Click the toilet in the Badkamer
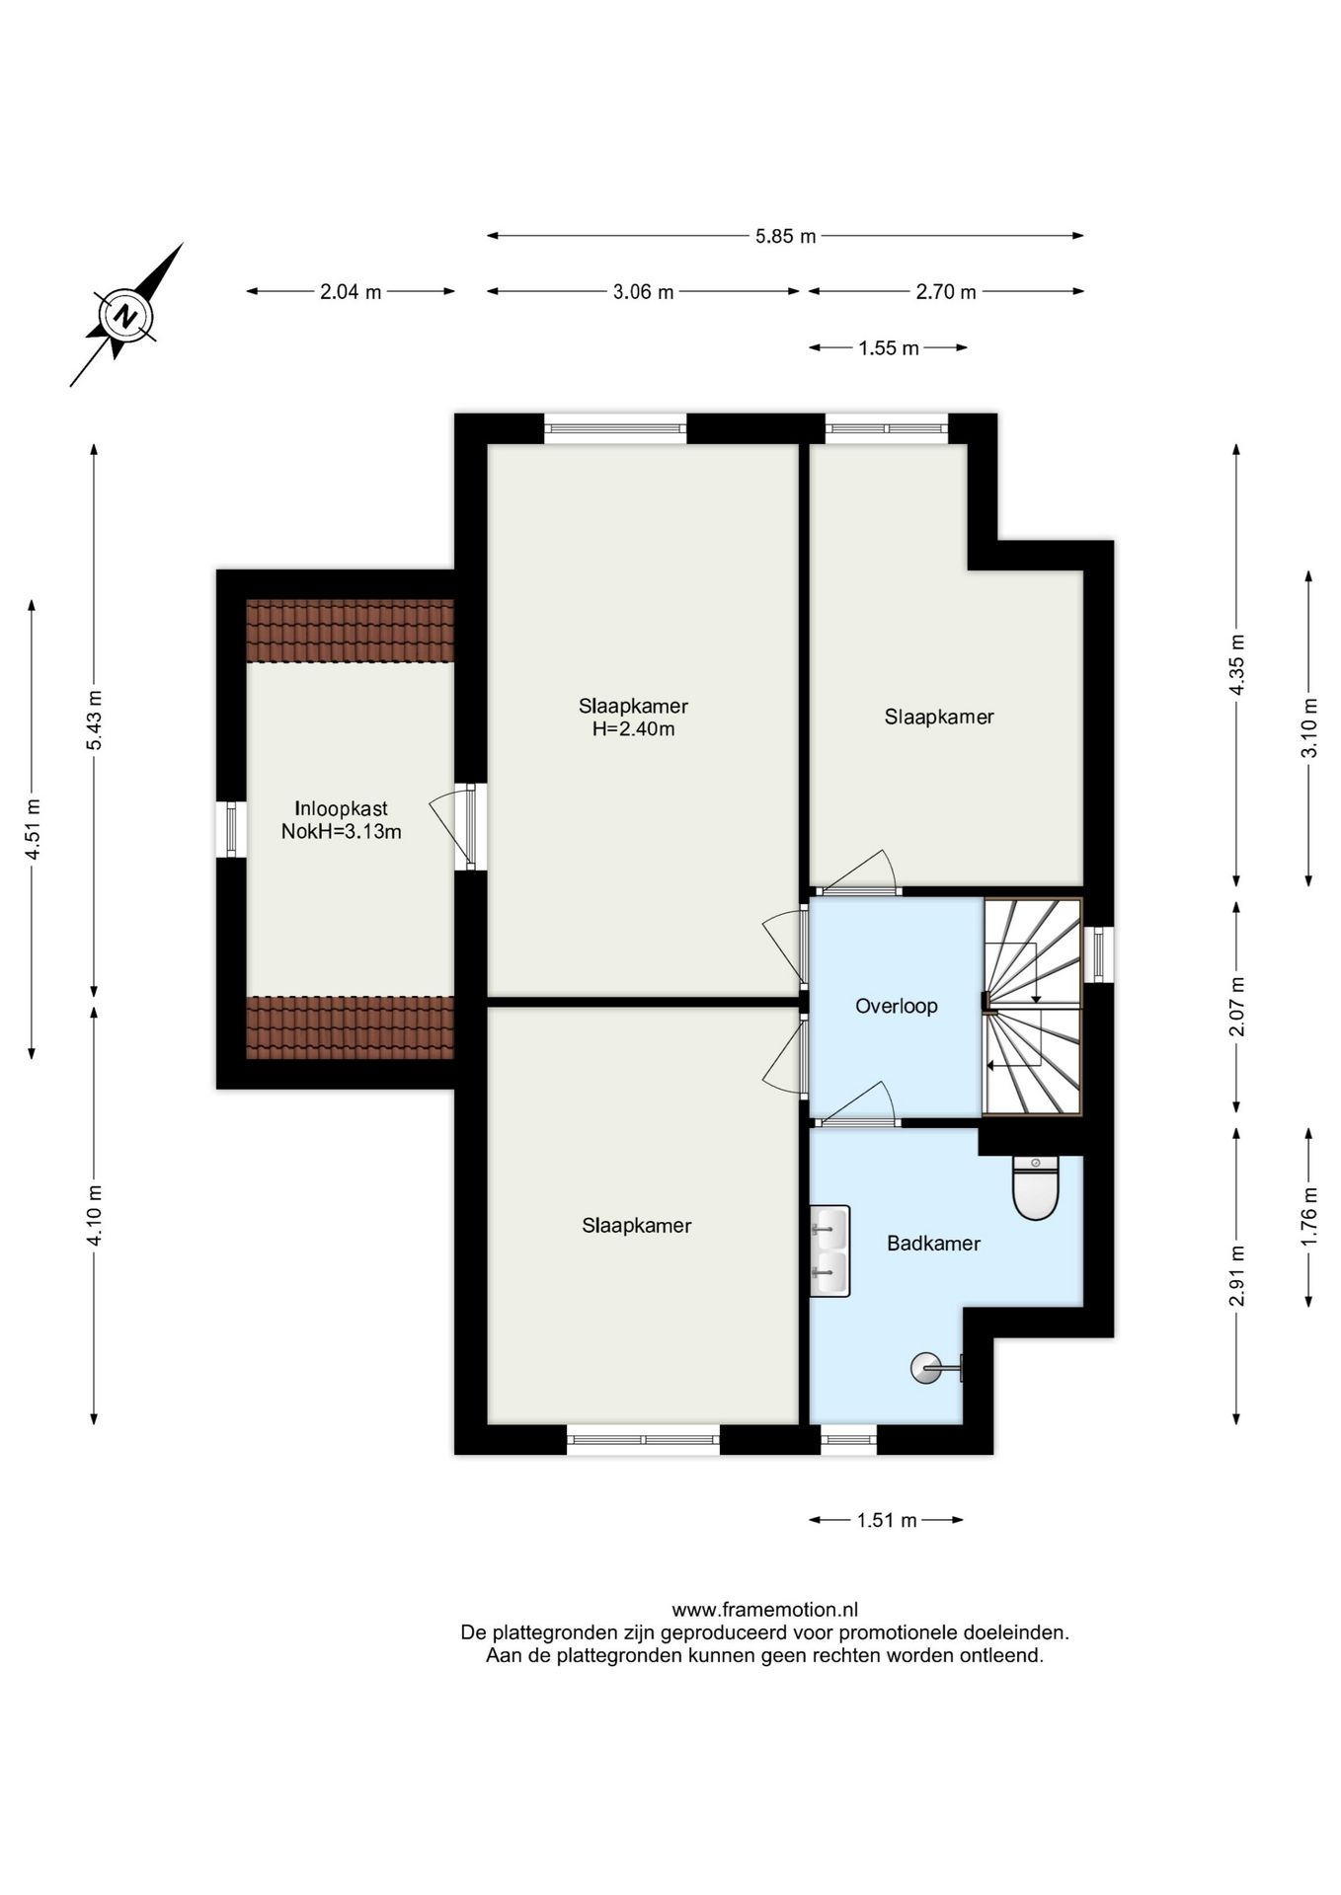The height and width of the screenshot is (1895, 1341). pos(1035,1187)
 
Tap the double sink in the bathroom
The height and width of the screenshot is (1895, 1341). pos(829,1251)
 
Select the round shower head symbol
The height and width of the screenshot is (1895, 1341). pos(926,1368)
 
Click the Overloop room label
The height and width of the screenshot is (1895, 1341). pos(896,1006)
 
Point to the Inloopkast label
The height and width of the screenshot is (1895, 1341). pos(341,809)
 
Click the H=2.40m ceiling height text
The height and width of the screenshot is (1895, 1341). pos(633,729)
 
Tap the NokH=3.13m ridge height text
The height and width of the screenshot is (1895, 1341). pos(341,832)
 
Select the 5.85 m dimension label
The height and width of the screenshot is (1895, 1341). pos(785,236)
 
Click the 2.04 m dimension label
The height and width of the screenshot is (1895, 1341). pos(351,292)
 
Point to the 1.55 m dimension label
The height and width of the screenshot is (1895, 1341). pos(889,348)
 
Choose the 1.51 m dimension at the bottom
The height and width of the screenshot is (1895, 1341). pos(887,1520)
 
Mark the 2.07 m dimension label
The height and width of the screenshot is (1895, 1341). pos(1236,1006)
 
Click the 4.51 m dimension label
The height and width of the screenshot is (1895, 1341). pos(33,828)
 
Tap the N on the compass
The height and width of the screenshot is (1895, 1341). pos(124,316)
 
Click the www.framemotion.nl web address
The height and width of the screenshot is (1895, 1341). pos(764,1610)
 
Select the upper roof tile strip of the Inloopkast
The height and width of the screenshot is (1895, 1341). pos(350,631)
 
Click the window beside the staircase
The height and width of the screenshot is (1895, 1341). pos(1099,953)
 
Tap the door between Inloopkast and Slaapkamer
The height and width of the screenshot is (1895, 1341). pos(470,826)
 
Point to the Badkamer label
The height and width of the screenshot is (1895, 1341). pos(933,1244)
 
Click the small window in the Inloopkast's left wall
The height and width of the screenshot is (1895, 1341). pos(231,829)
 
